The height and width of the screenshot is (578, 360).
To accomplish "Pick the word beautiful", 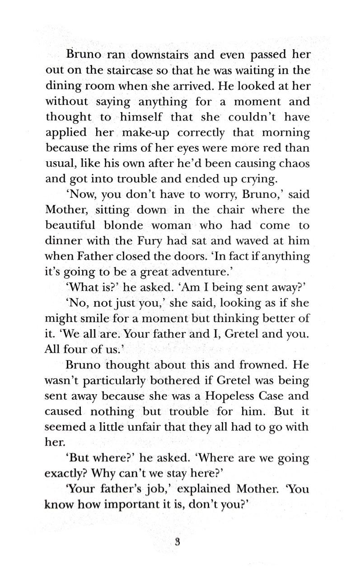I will [70, 225].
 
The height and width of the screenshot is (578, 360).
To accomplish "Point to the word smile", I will [96, 318].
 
